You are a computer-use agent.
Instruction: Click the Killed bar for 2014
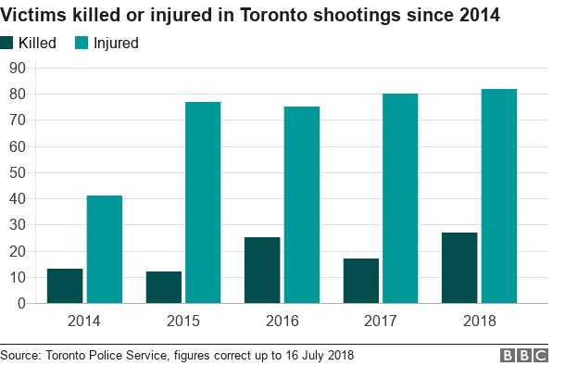[x=65, y=285]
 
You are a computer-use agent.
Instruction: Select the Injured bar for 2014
[x=105, y=249]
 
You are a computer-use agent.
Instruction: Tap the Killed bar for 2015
[x=164, y=287]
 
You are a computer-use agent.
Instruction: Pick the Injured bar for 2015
[x=203, y=202]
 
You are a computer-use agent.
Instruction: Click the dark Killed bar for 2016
[x=262, y=270]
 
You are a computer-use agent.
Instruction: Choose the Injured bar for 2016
[x=302, y=205]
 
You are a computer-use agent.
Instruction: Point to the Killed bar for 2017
[x=361, y=281]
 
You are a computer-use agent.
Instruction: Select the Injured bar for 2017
[x=400, y=198]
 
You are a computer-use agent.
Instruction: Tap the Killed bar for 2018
[x=459, y=267]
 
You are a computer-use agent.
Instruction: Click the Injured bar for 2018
[x=499, y=196]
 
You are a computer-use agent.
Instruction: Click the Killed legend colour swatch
[x=7, y=43]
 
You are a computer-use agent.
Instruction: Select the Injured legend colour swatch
[x=82, y=43]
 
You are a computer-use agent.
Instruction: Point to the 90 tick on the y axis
[x=17, y=68]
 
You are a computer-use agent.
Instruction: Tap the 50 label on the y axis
[x=17, y=172]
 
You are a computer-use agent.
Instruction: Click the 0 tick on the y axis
[x=20, y=303]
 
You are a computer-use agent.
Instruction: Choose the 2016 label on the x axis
[x=282, y=322]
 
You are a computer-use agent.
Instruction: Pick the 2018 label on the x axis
[x=479, y=322]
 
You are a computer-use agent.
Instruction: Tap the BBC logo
[x=523, y=356]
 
